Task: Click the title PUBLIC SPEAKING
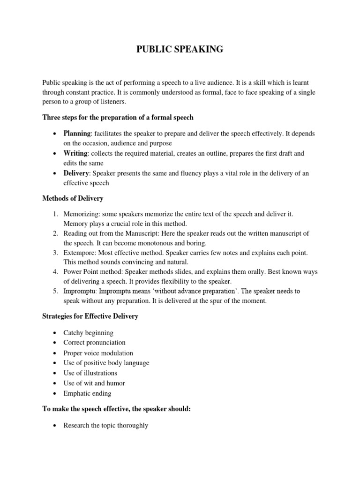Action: click(x=180, y=49)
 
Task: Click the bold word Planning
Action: click(x=77, y=134)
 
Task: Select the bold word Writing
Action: click(x=75, y=153)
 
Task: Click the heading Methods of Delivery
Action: click(x=72, y=199)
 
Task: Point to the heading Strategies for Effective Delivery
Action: click(x=90, y=316)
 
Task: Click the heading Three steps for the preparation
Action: click(x=117, y=117)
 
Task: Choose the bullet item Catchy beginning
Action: click(x=89, y=333)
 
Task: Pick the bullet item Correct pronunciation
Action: click(x=95, y=343)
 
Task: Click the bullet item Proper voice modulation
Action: click(x=98, y=353)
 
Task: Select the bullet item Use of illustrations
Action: click(x=90, y=373)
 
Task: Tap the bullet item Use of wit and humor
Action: click(x=94, y=383)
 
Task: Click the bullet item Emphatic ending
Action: click(x=88, y=394)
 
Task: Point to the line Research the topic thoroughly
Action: click(x=106, y=426)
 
